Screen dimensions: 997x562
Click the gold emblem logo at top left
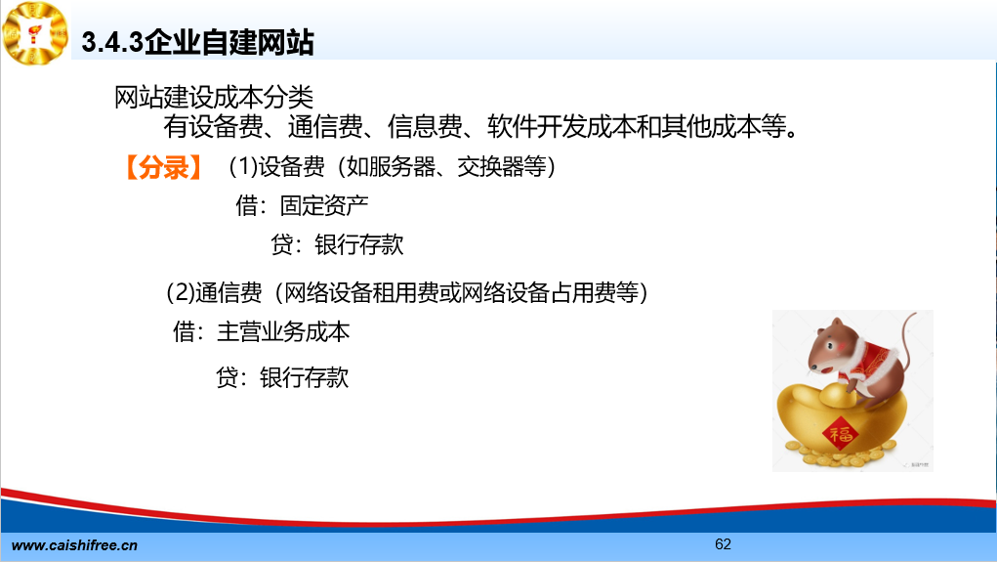tap(35, 32)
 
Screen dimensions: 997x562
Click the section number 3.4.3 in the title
tap(112, 43)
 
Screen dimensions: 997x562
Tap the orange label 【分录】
tap(163, 167)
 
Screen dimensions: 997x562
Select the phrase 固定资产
tap(324, 205)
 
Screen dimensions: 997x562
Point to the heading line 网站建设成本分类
tap(214, 98)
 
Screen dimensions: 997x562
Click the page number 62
tap(723, 544)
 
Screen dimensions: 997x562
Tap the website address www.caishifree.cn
tap(74, 545)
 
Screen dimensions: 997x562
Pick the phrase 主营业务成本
tap(283, 332)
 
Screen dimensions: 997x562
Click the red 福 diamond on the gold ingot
tap(841, 434)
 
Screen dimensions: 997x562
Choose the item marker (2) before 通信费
tap(181, 293)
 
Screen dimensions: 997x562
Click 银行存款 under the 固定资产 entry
tap(359, 245)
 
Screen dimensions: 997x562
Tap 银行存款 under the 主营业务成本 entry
tap(304, 378)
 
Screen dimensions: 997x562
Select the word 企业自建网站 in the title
tap(229, 43)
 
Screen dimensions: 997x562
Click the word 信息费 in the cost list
tap(425, 127)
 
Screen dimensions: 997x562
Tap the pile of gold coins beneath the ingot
tap(846, 455)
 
